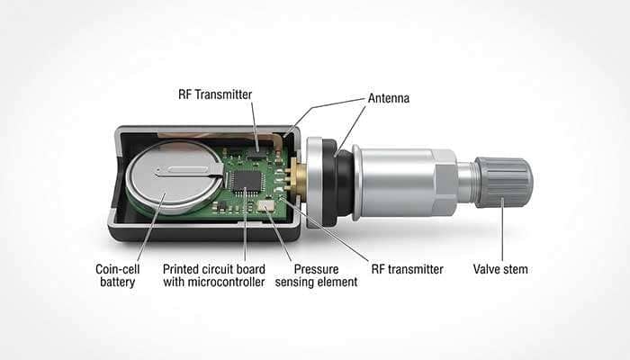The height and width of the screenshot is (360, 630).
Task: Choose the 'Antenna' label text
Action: [x=388, y=97]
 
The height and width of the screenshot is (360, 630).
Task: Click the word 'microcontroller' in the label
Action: [x=238, y=282]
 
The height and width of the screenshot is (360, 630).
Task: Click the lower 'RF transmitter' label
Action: [x=409, y=268]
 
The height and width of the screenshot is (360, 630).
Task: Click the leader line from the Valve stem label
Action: [x=502, y=234]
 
